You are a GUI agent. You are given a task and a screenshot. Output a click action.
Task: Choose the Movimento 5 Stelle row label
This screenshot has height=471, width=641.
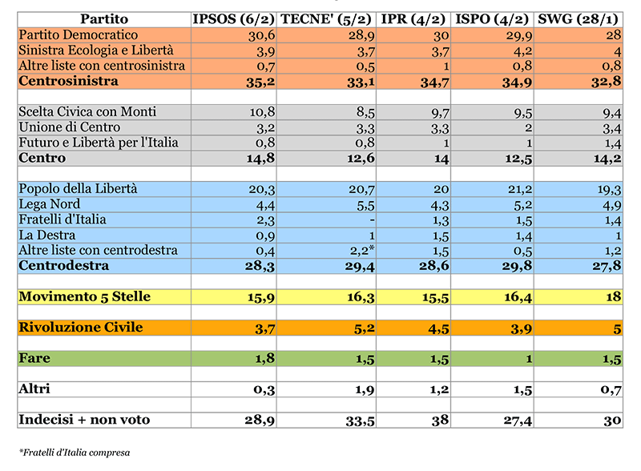84,297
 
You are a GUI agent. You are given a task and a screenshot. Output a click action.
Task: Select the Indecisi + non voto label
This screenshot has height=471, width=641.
84,420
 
